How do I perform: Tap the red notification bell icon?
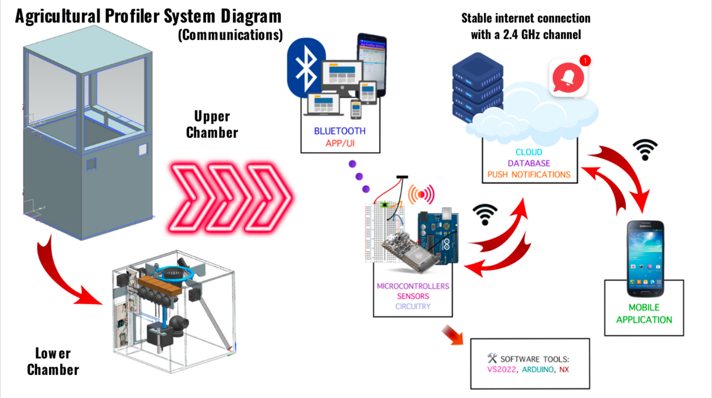pyautogui.click(x=568, y=78)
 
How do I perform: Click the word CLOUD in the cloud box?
pyautogui.click(x=529, y=152)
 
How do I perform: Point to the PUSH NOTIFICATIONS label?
pyautogui.click(x=529, y=175)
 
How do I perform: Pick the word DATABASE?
pyautogui.click(x=529, y=163)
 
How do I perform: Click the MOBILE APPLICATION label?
pyautogui.click(x=644, y=313)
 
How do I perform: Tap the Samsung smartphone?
pyautogui.click(x=645, y=258)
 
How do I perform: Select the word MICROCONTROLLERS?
pyautogui.click(x=413, y=286)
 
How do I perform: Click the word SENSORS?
pyautogui.click(x=413, y=296)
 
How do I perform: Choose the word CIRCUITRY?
pyautogui.click(x=413, y=306)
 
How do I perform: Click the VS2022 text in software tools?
pyautogui.click(x=501, y=369)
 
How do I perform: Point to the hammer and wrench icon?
pyautogui.click(x=492, y=358)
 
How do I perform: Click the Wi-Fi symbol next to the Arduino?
pyautogui.click(x=485, y=214)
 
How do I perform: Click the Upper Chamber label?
pyautogui.click(x=212, y=124)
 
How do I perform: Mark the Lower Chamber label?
pyautogui.click(x=53, y=361)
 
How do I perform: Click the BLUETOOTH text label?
pyautogui.click(x=340, y=131)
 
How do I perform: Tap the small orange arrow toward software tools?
pyautogui.click(x=452, y=334)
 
